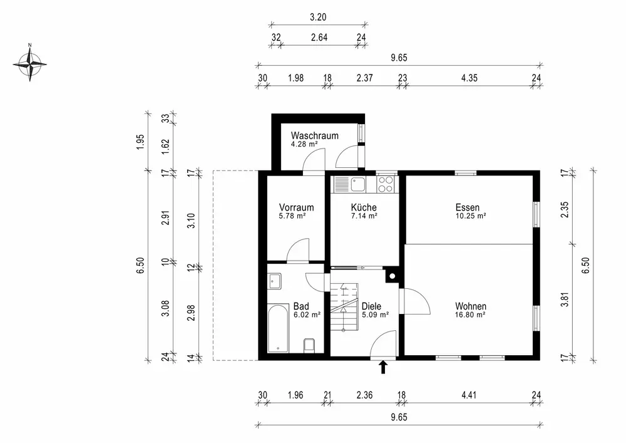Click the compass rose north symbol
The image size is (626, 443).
point(30,64)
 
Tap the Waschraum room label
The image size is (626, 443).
point(315,136)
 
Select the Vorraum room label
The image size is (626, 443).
point(296,208)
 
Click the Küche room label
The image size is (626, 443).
point(364,207)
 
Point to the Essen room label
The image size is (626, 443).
point(468,207)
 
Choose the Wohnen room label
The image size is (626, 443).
point(471,306)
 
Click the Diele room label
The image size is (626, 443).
point(371,306)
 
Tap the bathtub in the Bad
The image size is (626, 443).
point(279,328)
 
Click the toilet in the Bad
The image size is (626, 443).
point(309,345)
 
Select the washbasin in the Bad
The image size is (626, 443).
point(274,281)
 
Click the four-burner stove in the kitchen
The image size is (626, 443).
point(386,185)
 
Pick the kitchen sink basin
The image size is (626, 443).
point(358,185)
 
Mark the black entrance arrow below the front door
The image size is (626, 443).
point(383,367)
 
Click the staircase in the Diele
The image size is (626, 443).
point(344,307)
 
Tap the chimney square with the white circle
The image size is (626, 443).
point(392,276)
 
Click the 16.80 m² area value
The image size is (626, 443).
point(470,315)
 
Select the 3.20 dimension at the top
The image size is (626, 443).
point(318,17)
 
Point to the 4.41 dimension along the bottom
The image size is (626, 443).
point(469,395)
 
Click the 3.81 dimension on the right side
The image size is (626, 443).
point(564,298)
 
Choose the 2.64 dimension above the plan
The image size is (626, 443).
point(319,37)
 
